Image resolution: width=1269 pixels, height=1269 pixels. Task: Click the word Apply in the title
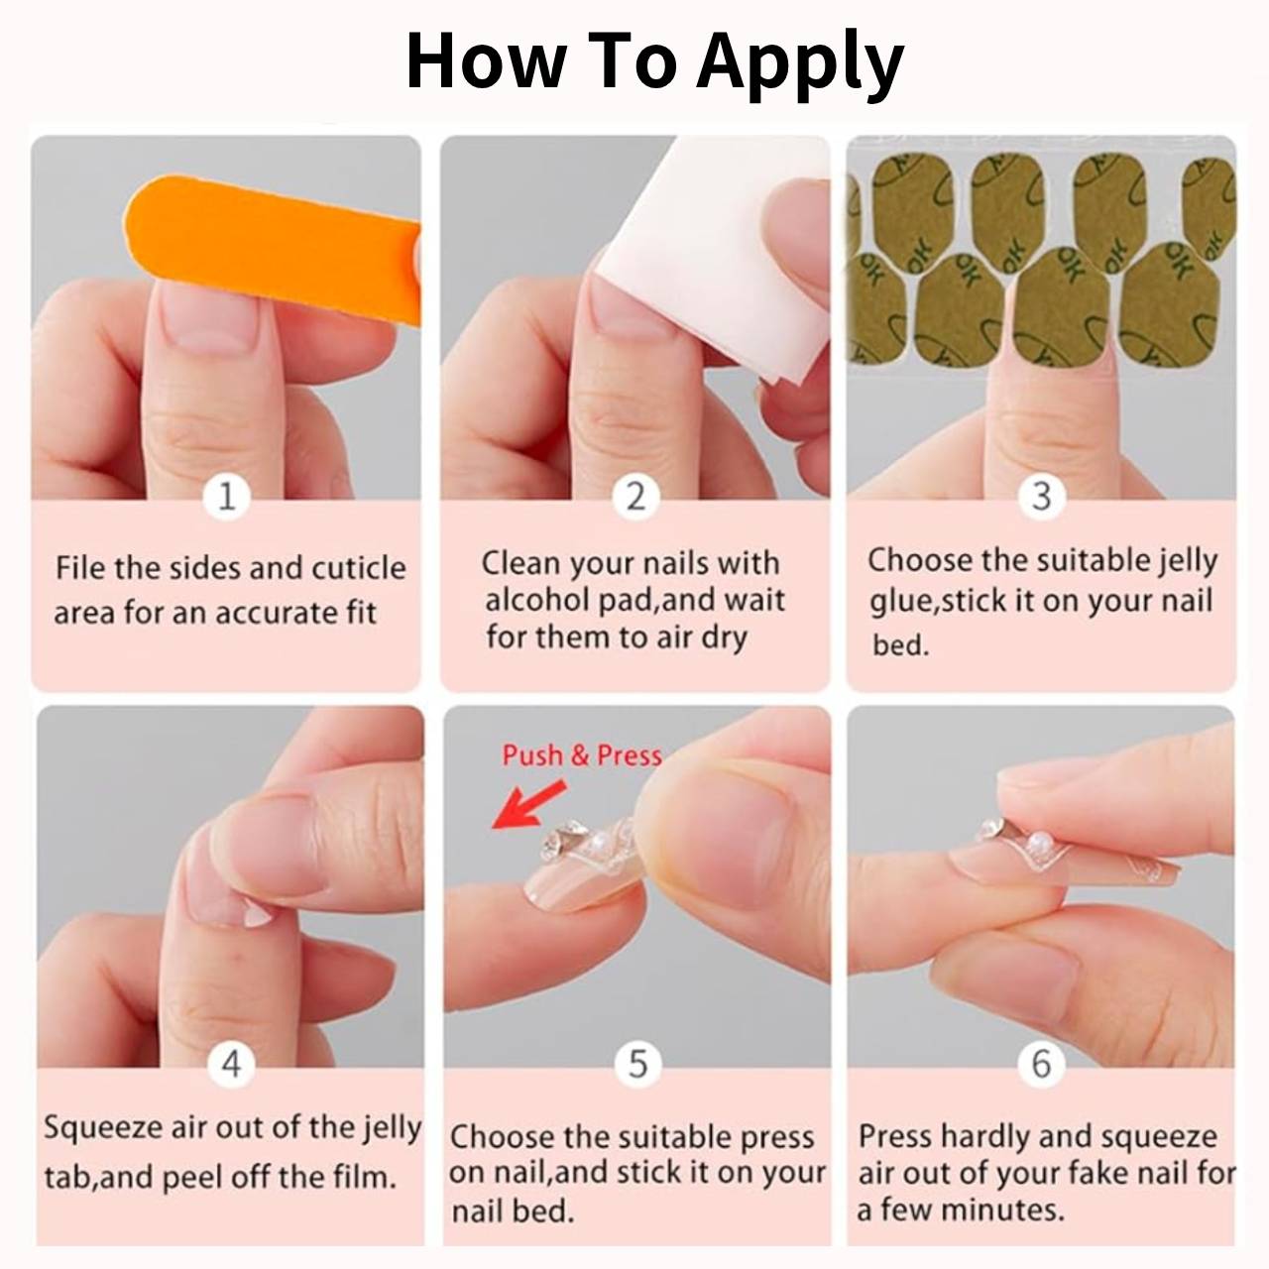point(799,61)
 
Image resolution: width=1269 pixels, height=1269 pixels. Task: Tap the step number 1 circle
point(227,496)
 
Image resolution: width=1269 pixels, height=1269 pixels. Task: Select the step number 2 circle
point(635,496)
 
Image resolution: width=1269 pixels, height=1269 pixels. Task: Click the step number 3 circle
point(1041,496)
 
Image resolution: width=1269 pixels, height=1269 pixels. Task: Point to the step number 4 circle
point(230,1064)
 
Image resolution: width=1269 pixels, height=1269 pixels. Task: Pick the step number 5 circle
point(637,1064)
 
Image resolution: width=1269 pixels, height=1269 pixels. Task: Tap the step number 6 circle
point(1041,1064)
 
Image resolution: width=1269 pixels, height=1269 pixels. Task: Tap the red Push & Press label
point(581,755)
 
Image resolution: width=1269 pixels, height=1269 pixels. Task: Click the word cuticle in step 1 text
point(358,568)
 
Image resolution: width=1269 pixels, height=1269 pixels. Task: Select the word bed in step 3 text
point(898,645)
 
